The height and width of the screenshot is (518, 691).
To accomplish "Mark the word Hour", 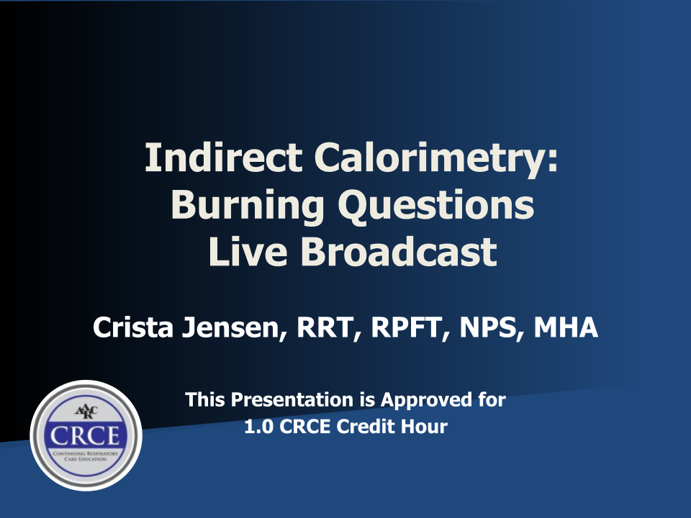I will click(426, 427).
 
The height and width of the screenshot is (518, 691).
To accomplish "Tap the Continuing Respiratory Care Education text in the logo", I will click(86, 455).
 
